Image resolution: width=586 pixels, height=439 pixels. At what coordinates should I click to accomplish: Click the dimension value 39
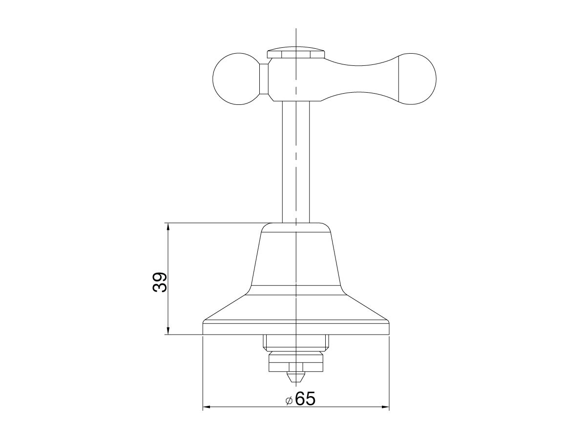tap(160, 282)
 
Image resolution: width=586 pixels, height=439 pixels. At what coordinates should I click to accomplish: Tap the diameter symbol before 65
tap(289, 400)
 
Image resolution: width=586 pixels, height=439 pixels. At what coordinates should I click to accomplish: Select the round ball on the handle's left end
tap(236, 79)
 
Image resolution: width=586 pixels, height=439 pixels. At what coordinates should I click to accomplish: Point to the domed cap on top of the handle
tap(296, 52)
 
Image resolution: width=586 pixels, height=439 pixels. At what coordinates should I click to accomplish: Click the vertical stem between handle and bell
tap(296, 161)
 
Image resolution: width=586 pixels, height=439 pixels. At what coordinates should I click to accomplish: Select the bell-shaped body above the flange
tap(296, 259)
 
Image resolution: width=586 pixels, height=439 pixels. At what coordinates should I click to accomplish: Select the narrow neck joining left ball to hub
tap(264, 79)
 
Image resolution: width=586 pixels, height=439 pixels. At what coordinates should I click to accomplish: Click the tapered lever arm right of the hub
tap(361, 79)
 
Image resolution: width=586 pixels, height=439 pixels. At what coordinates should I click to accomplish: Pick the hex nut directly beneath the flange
tap(296, 342)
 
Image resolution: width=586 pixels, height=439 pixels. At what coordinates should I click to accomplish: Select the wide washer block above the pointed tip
tap(296, 363)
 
